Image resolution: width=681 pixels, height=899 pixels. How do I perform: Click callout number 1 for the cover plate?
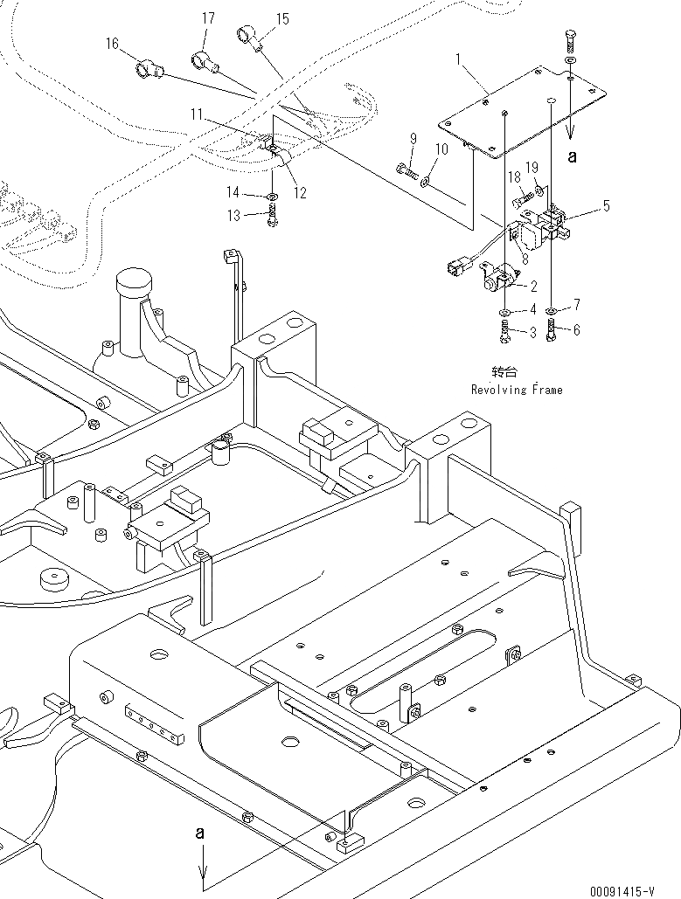pos(457,59)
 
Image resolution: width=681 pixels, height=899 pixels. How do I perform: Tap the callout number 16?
pos(112,43)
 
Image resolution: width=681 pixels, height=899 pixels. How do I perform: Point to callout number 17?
pos(208,17)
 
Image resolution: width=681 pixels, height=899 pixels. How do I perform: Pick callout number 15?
pos(282,17)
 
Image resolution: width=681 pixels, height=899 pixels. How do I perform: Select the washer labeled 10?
pos(425,182)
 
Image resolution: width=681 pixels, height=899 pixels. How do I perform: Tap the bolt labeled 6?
pos(551,330)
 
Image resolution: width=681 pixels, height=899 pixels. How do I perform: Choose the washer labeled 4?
pos(507,312)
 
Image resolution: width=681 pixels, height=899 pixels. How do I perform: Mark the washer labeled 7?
pos(552,310)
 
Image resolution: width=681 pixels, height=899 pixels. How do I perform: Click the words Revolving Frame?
pos(517,390)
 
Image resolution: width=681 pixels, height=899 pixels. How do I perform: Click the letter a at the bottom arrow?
pos(200,833)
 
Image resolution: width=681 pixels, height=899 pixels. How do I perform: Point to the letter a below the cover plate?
pos(573,157)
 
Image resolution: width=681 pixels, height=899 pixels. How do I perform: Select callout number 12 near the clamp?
pos(300,193)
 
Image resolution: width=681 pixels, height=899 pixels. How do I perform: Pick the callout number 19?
pos(531,166)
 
